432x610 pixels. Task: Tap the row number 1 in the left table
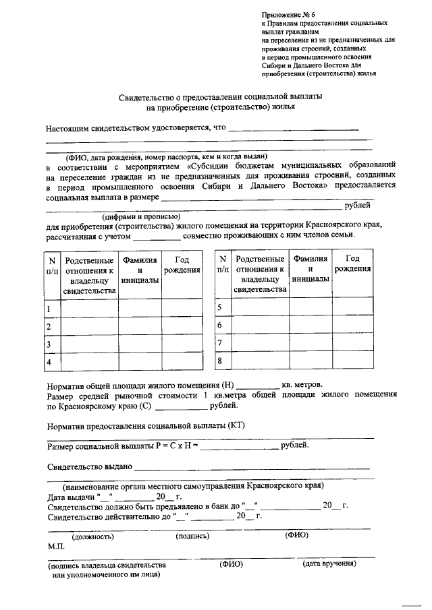pyautogui.click(x=49, y=309)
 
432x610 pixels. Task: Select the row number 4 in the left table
pyautogui.click(x=49, y=363)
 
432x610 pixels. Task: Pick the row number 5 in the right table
pyautogui.click(x=219, y=307)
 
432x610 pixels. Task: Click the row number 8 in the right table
pyautogui.click(x=219, y=361)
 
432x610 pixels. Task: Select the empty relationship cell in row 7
pyautogui.click(x=257, y=343)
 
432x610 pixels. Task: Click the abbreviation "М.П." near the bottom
pyautogui.click(x=56, y=547)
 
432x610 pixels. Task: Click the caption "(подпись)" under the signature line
pyautogui.click(x=192, y=537)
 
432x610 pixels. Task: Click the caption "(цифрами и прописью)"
pyautogui.click(x=141, y=216)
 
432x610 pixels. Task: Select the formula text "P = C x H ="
pyautogui.click(x=174, y=446)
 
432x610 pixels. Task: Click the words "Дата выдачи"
pyautogui.click(x=72, y=497)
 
